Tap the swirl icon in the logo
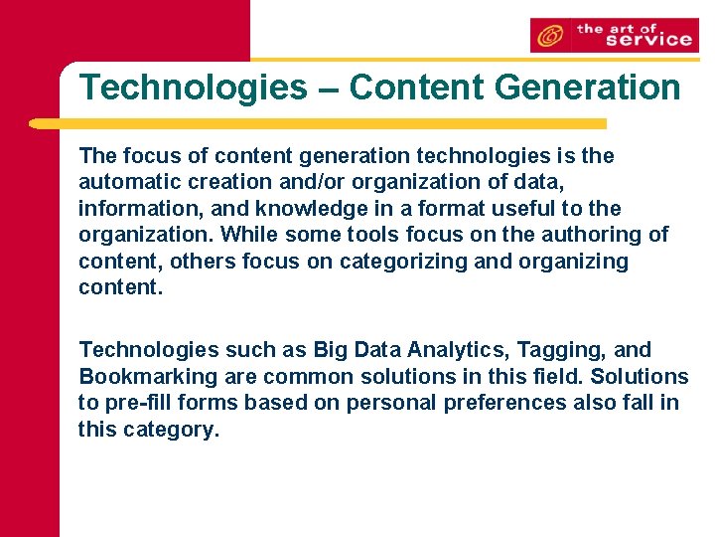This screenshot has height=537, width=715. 548,37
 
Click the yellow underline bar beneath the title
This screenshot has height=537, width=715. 318,124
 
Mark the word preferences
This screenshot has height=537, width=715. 509,403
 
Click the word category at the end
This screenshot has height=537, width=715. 170,430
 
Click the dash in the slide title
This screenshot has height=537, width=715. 329,88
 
